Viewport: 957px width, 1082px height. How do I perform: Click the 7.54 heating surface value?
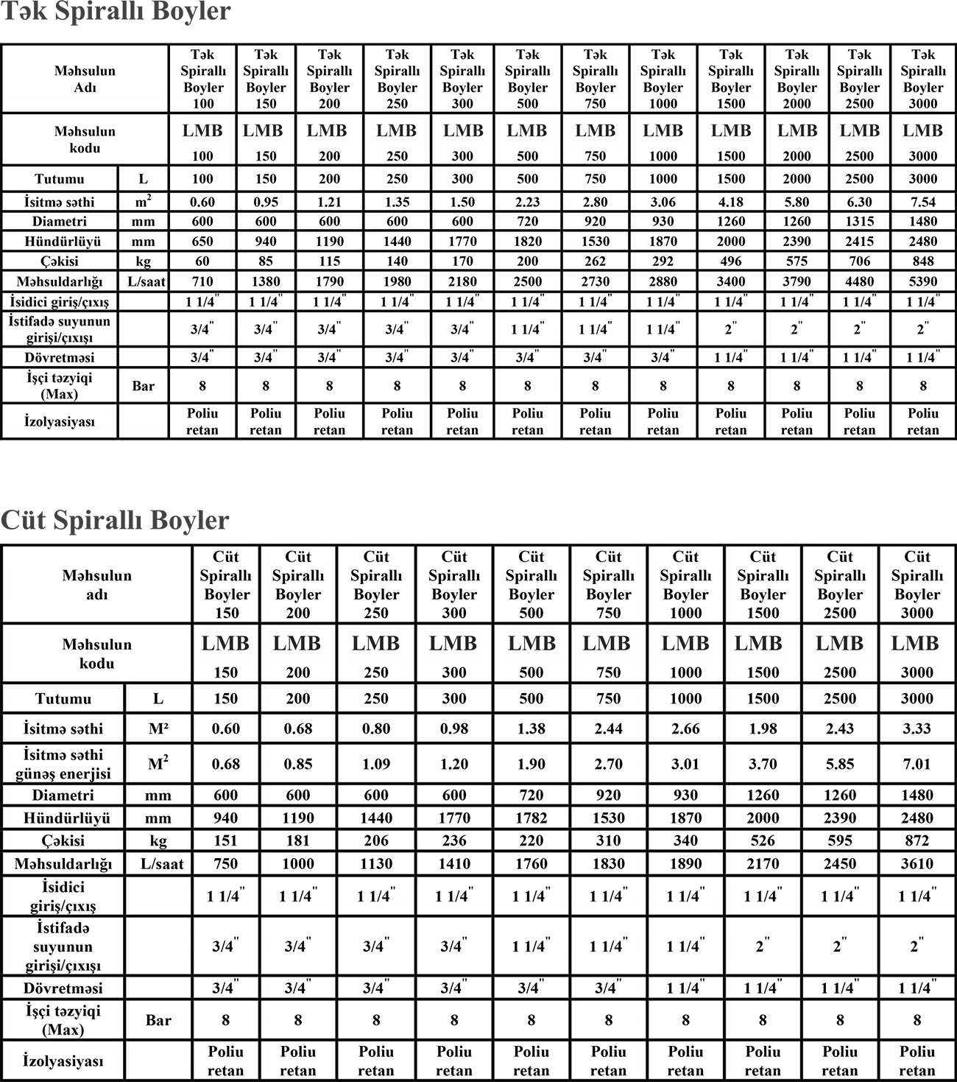[x=922, y=202]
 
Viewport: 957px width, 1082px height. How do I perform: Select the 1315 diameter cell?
[x=859, y=222]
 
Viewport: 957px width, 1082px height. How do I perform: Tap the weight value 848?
[x=922, y=261]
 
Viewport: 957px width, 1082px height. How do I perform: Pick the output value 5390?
[x=922, y=281]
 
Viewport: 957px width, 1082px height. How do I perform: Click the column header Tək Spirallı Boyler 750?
[x=595, y=79]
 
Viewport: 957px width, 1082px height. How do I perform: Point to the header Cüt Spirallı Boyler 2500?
[x=840, y=585]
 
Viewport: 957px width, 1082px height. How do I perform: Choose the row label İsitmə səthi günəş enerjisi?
[x=63, y=764]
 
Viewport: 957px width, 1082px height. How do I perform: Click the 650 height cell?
[x=202, y=242]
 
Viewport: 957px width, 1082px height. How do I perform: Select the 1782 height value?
[x=531, y=818]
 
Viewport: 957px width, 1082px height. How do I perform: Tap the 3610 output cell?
[x=917, y=864]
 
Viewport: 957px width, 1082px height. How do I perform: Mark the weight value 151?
[x=225, y=841]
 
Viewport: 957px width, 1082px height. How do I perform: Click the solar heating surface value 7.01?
[x=917, y=765]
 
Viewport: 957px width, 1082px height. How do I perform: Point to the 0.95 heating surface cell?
[x=266, y=202]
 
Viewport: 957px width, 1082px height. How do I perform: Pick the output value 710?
[x=202, y=281]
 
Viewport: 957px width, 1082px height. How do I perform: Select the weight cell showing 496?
[x=730, y=261]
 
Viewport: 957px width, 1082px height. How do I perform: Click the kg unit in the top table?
[x=143, y=261]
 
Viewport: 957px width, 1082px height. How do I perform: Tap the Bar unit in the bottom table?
[x=158, y=1020]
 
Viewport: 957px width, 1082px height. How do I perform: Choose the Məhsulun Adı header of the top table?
[x=85, y=79]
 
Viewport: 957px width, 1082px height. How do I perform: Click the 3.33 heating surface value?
[x=917, y=729]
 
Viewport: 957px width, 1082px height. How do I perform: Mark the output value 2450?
[x=840, y=864]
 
